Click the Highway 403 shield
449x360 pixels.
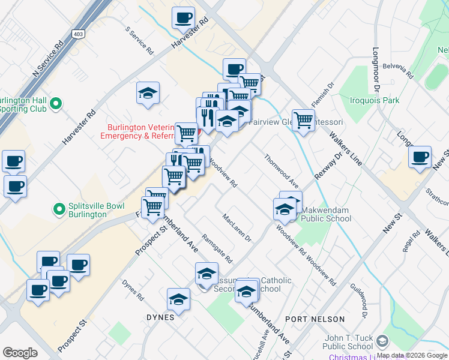click(x=78, y=35)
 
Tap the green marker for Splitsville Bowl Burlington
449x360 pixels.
click(x=59, y=209)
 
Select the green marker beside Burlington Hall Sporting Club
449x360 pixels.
click(x=56, y=104)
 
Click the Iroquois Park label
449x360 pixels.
click(x=376, y=100)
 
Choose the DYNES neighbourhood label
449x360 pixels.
click(x=160, y=317)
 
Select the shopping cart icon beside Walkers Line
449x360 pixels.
click(x=304, y=120)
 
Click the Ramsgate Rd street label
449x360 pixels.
click(x=217, y=248)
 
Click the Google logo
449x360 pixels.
click(x=20, y=353)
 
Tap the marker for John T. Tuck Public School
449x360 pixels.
click(x=382, y=341)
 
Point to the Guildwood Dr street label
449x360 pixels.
click(x=362, y=301)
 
